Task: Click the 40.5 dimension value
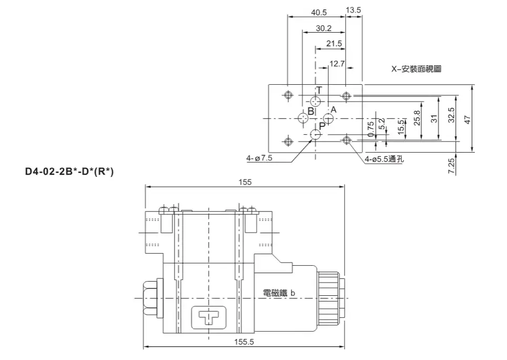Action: coord(319,12)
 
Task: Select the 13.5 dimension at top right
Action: coord(353,11)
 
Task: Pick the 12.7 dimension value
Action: coord(337,64)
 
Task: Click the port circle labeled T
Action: coord(316,101)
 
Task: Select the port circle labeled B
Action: coord(303,117)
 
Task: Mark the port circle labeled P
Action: coord(316,135)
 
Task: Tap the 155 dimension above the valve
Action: coord(245,182)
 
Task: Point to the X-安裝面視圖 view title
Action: coord(415,69)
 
